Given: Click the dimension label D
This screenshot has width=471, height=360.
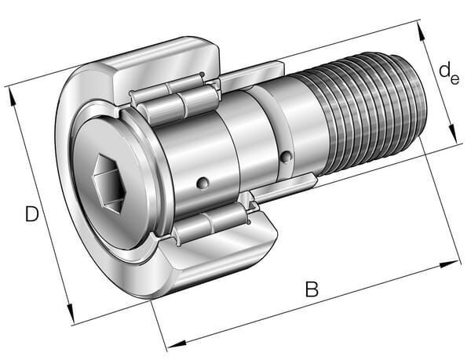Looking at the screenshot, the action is (32, 213).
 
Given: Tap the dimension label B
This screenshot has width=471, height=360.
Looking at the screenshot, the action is (312, 289).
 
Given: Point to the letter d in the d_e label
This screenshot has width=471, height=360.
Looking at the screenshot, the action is (445, 70).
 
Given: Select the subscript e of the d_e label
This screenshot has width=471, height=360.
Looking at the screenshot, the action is (455, 79).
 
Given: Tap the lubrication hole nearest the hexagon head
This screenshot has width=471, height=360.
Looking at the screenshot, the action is (203, 183).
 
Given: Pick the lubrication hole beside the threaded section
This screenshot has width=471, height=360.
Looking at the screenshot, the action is (286, 157).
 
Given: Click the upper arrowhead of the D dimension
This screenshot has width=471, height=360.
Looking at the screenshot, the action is (12, 97).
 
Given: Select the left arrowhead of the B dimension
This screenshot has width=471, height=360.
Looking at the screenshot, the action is (177, 344).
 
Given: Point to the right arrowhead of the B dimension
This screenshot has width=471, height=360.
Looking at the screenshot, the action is (449, 264).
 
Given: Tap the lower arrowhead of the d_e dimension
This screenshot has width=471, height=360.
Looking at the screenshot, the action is (452, 133).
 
